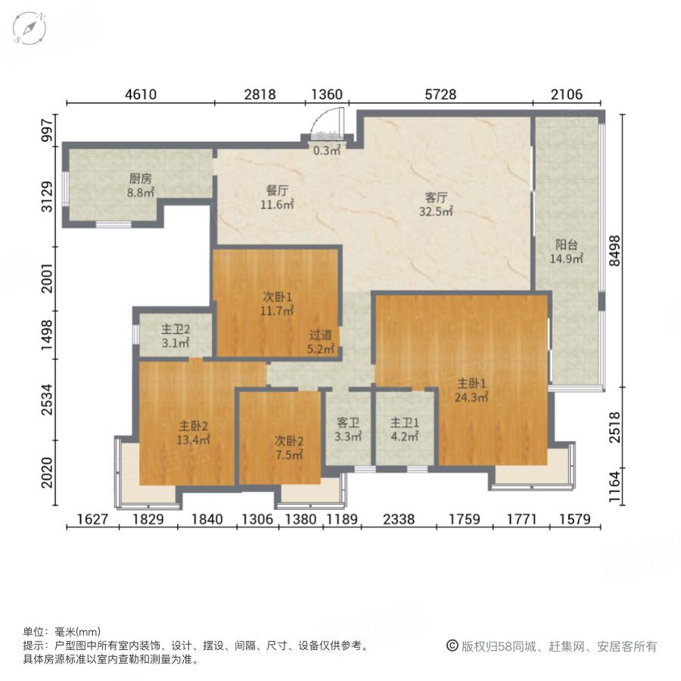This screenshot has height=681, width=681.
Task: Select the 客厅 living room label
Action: pos(437,198)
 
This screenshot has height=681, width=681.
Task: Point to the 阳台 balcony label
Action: pos(567,245)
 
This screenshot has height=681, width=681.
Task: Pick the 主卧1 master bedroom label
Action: pos(470,383)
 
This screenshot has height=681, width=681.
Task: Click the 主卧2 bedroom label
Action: pos(194,425)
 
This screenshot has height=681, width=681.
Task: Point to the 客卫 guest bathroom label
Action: pos(348,424)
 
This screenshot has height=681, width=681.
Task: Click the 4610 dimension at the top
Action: pos(140,95)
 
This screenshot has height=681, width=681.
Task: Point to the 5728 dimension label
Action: pos(440,95)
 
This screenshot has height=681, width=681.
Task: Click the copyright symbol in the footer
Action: pos(452,646)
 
